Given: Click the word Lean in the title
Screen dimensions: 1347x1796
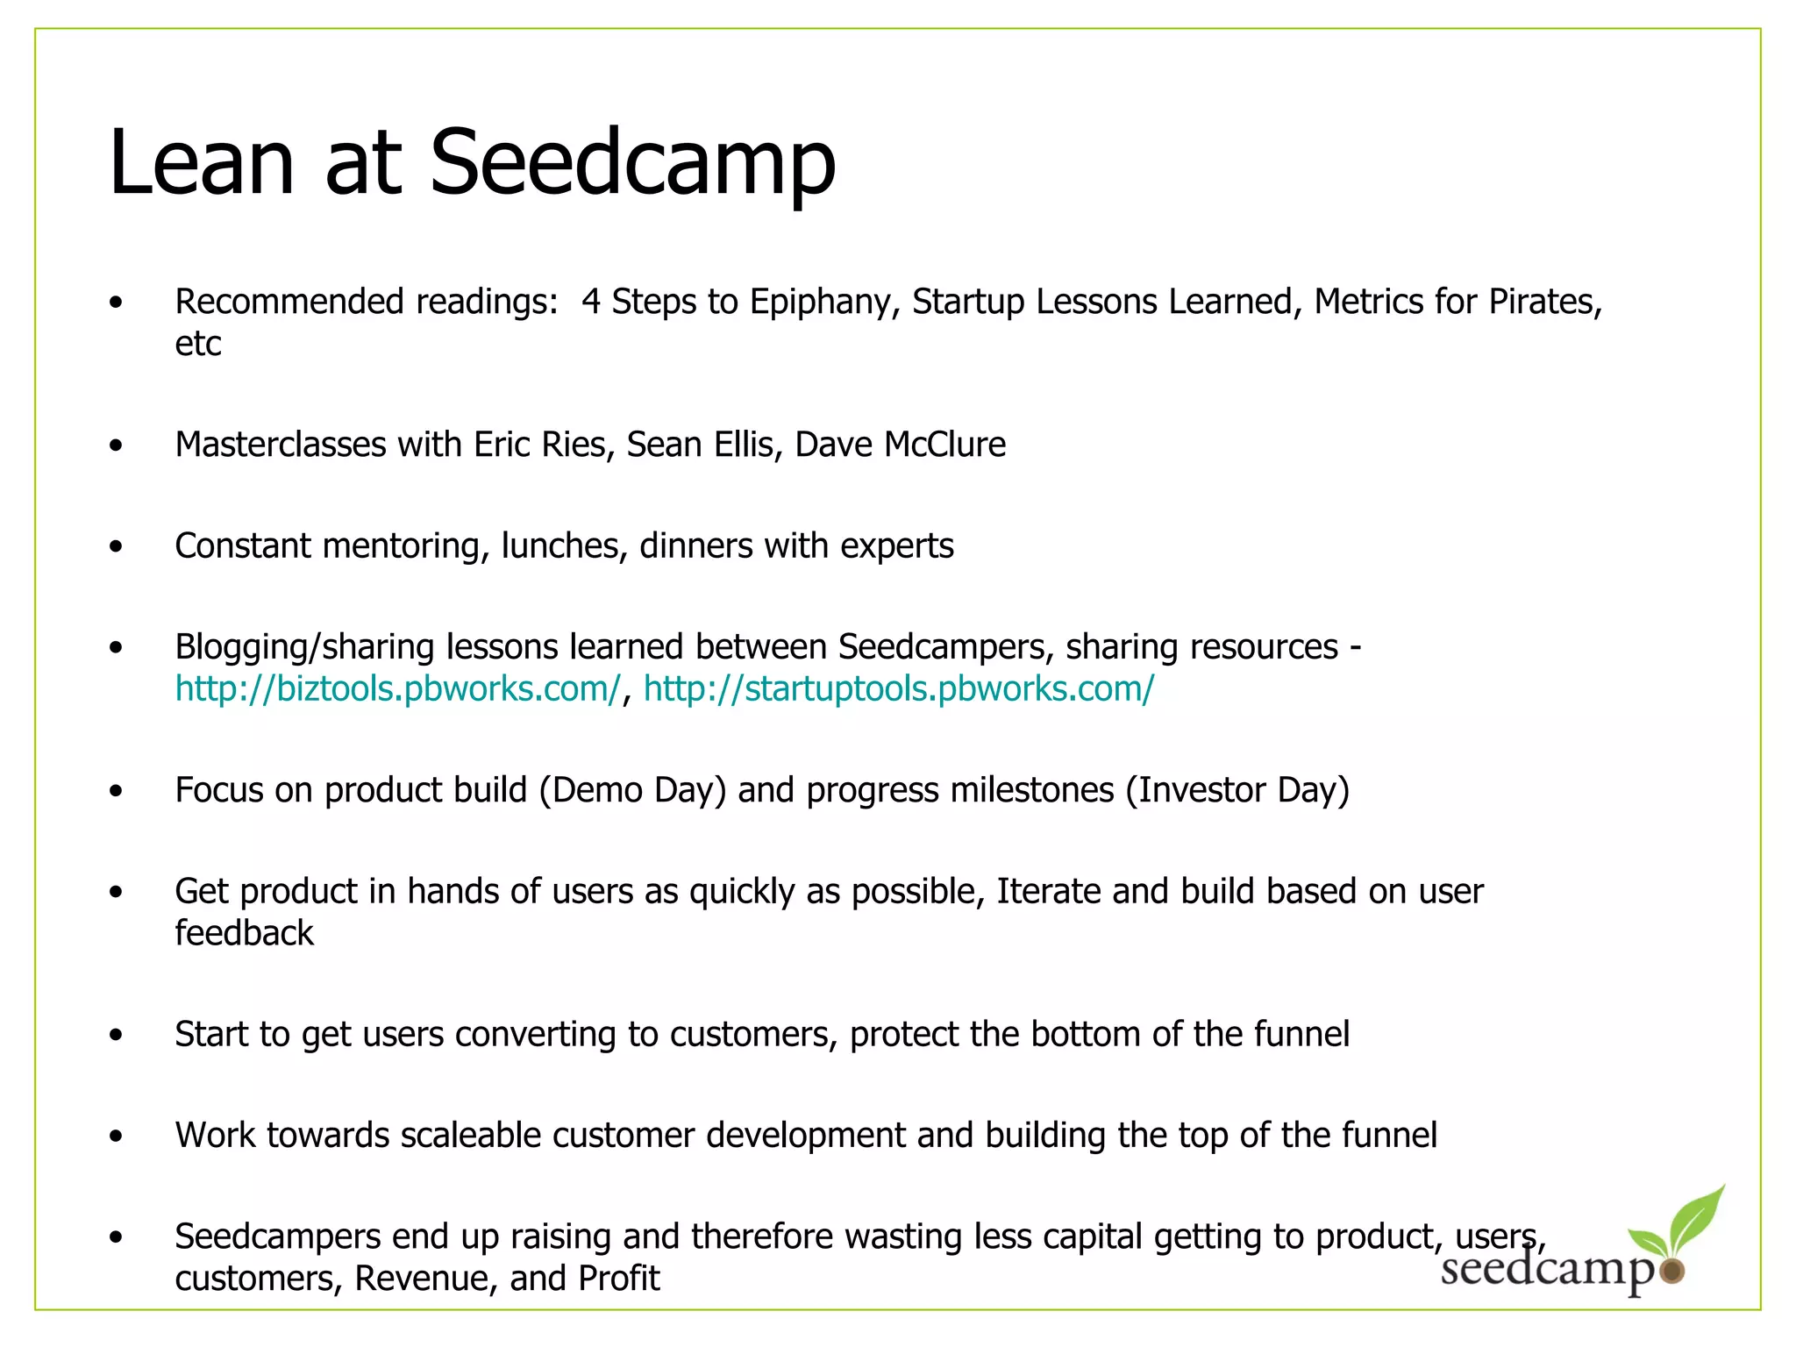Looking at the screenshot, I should pyautogui.click(x=201, y=163).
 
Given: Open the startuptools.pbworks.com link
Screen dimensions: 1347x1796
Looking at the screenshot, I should pyautogui.click(x=899, y=689).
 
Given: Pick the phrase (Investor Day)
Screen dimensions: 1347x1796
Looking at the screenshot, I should pyautogui.click(x=1237, y=791).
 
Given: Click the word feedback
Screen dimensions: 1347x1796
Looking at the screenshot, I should pyautogui.click(x=244, y=933).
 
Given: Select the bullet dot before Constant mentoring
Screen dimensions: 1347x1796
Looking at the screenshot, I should pyautogui.click(x=117, y=547).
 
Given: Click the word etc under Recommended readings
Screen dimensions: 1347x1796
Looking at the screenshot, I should pyautogui.click(x=198, y=345).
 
